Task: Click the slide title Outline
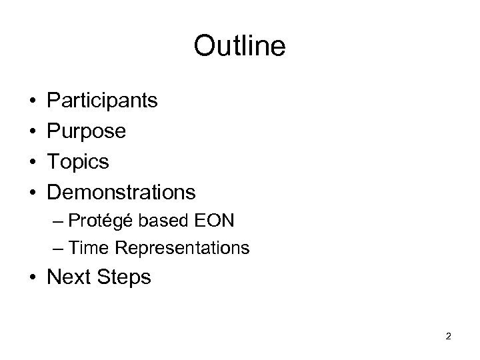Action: [239, 46]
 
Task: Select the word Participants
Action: [102, 101]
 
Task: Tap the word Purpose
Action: [86, 131]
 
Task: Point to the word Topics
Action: [78, 162]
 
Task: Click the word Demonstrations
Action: [121, 192]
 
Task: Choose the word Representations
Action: [182, 249]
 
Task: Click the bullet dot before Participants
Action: [33, 101]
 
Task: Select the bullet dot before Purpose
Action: [33, 131]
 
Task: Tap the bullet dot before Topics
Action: [33, 162]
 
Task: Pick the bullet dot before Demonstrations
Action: [33, 193]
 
